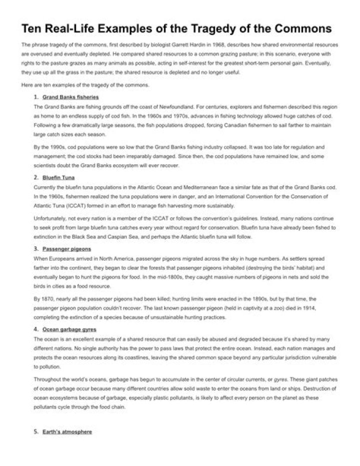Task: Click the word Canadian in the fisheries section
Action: tap(208, 127)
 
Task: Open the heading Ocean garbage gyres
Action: tap(69, 329)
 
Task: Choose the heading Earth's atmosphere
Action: tap(67, 431)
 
